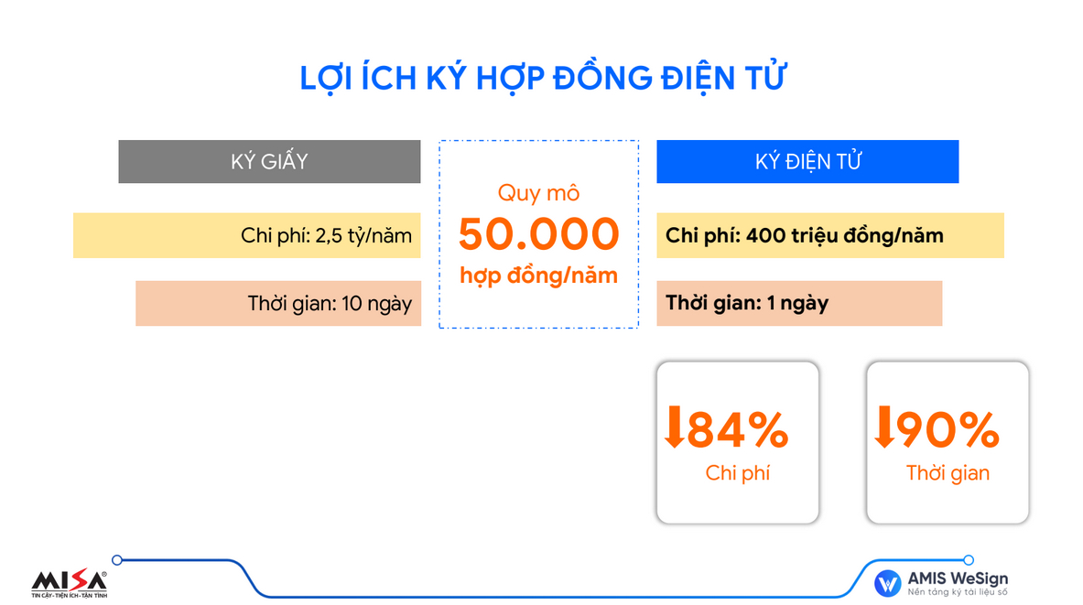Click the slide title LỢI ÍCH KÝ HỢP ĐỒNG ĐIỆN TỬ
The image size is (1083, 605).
click(x=543, y=78)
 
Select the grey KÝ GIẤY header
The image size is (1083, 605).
click(x=269, y=162)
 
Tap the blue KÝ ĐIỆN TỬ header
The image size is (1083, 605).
click(x=807, y=162)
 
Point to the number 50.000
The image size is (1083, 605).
click(x=538, y=233)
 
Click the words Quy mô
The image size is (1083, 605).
click(x=538, y=193)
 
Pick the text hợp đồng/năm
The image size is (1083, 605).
click(x=538, y=275)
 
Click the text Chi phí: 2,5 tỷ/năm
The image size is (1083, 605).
click(x=326, y=235)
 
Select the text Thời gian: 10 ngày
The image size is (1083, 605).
click(x=330, y=303)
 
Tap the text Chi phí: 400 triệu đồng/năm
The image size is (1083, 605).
click(x=804, y=235)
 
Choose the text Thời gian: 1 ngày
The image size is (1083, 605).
click(x=747, y=302)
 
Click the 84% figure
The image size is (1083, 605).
click(x=738, y=429)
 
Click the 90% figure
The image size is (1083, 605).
click(x=948, y=429)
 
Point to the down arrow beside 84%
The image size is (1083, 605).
click(x=674, y=427)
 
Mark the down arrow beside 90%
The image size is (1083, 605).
click(x=884, y=427)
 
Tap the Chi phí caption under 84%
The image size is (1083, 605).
click(x=738, y=473)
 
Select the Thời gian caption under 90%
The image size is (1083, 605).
click(x=948, y=473)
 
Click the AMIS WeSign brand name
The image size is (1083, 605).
click(x=958, y=578)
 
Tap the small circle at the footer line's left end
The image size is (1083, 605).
click(x=117, y=560)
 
